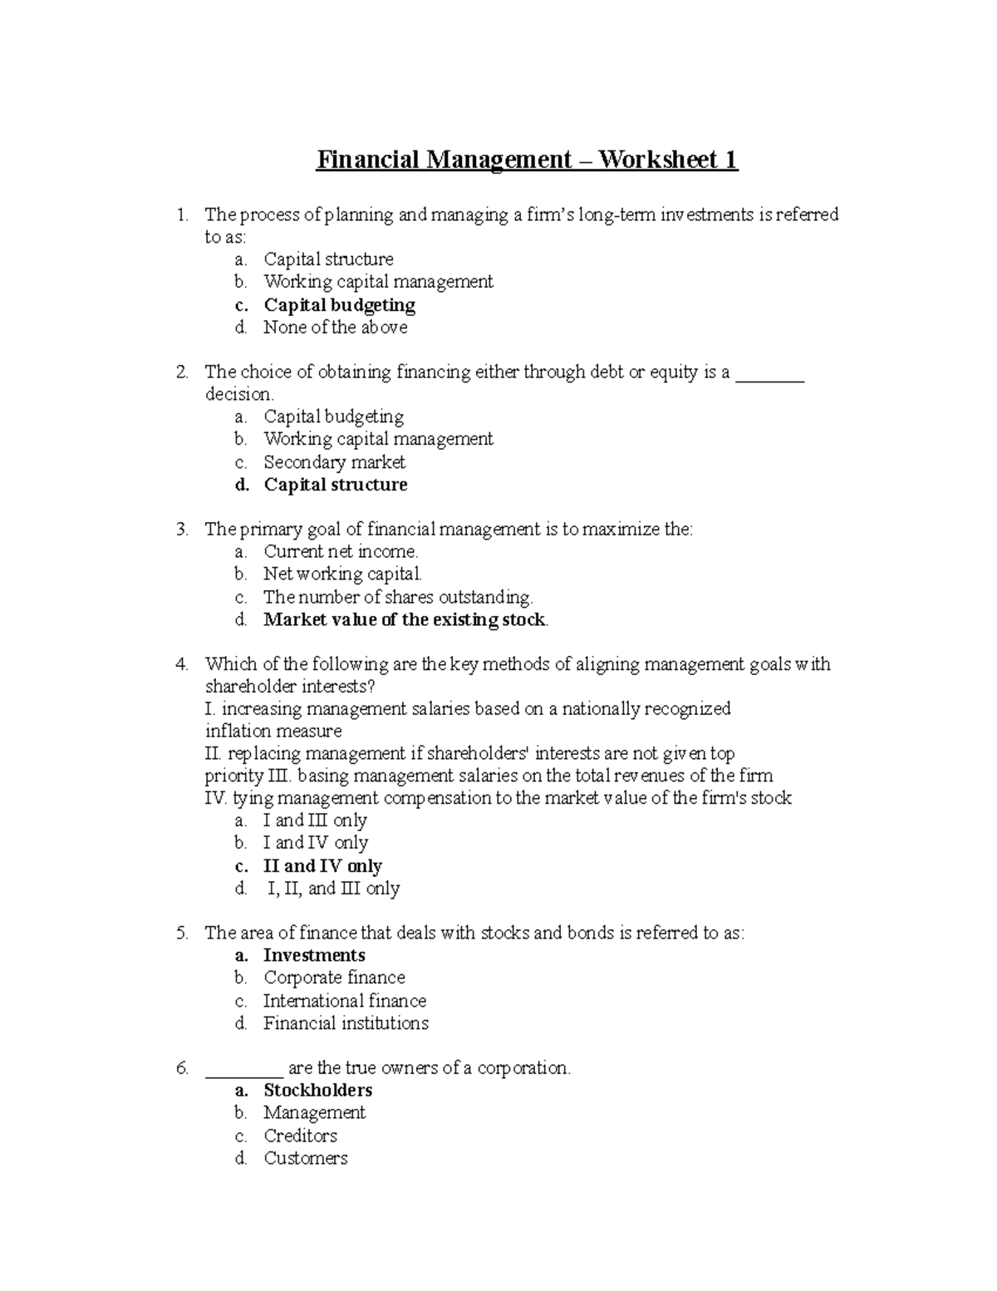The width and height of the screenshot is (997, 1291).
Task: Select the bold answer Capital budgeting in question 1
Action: [339, 305]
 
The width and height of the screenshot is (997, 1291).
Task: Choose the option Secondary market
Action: [334, 462]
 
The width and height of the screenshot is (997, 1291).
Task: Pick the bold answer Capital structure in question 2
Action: [335, 485]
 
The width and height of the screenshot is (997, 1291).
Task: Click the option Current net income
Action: [341, 551]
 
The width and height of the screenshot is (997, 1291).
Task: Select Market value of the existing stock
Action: [405, 619]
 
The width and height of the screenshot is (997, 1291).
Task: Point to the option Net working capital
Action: [342, 574]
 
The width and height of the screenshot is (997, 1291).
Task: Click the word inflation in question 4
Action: [237, 732]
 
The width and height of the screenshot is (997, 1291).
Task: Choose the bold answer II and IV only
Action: [322, 866]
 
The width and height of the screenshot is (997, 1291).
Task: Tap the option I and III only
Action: [315, 820]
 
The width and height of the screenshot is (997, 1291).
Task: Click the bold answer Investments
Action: [314, 955]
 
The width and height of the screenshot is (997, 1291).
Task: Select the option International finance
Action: [345, 1001]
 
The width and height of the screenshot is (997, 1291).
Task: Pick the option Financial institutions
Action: [346, 1023]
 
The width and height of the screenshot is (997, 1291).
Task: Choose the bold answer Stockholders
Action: [317, 1090]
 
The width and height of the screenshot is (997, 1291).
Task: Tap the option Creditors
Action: [300, 1136]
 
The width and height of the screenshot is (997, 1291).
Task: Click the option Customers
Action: [305, 1158]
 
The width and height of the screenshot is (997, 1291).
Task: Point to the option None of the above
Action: [335, 328]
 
